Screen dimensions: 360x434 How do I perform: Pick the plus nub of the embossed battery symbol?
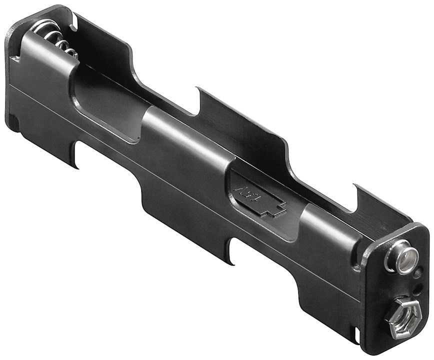[x=280, y=206]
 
